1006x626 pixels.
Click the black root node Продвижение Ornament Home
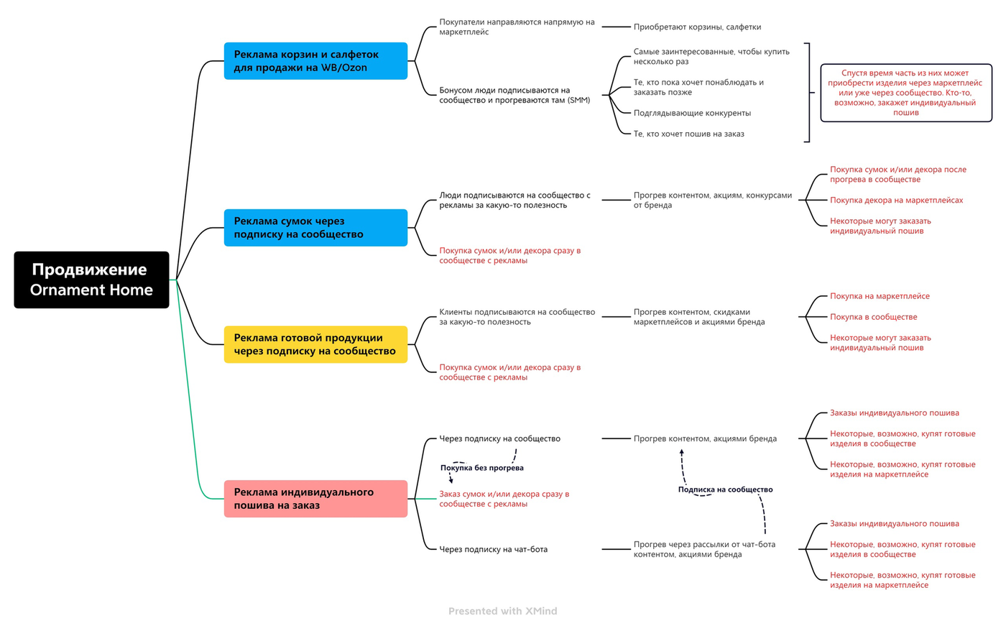click(x=92, y=280)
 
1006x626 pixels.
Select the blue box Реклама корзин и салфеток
click(x=315, y=61)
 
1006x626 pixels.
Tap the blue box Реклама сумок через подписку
click(x=315, y=228)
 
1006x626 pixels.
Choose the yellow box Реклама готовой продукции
click(x=315, y=344)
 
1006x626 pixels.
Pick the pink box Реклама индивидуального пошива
click(x=315, y=499)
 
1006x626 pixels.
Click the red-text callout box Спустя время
click(x=906, y=93)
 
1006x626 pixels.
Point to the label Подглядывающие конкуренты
click(x=692, y=113)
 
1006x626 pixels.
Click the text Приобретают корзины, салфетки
click(x=697, y=27)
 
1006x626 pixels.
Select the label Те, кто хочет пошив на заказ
click(x=688, y=134)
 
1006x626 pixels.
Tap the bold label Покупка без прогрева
click(x=482, y=468)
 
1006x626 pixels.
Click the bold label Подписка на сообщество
click(x=725, y=489)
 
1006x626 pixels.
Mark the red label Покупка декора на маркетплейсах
click(x=897, y=201)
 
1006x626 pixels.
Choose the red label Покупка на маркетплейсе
click(x=880, y=296)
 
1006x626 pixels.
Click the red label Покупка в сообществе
click(x=874, y=317)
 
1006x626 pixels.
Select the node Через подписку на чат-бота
click(x=493, y=549)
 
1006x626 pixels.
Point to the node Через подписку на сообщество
click(x=499, y=438)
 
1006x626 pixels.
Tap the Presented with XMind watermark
click(x=502, y=611)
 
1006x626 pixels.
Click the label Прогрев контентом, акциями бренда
click(x=705, y=438)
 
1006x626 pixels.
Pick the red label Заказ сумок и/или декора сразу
click(x=504, y=499)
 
